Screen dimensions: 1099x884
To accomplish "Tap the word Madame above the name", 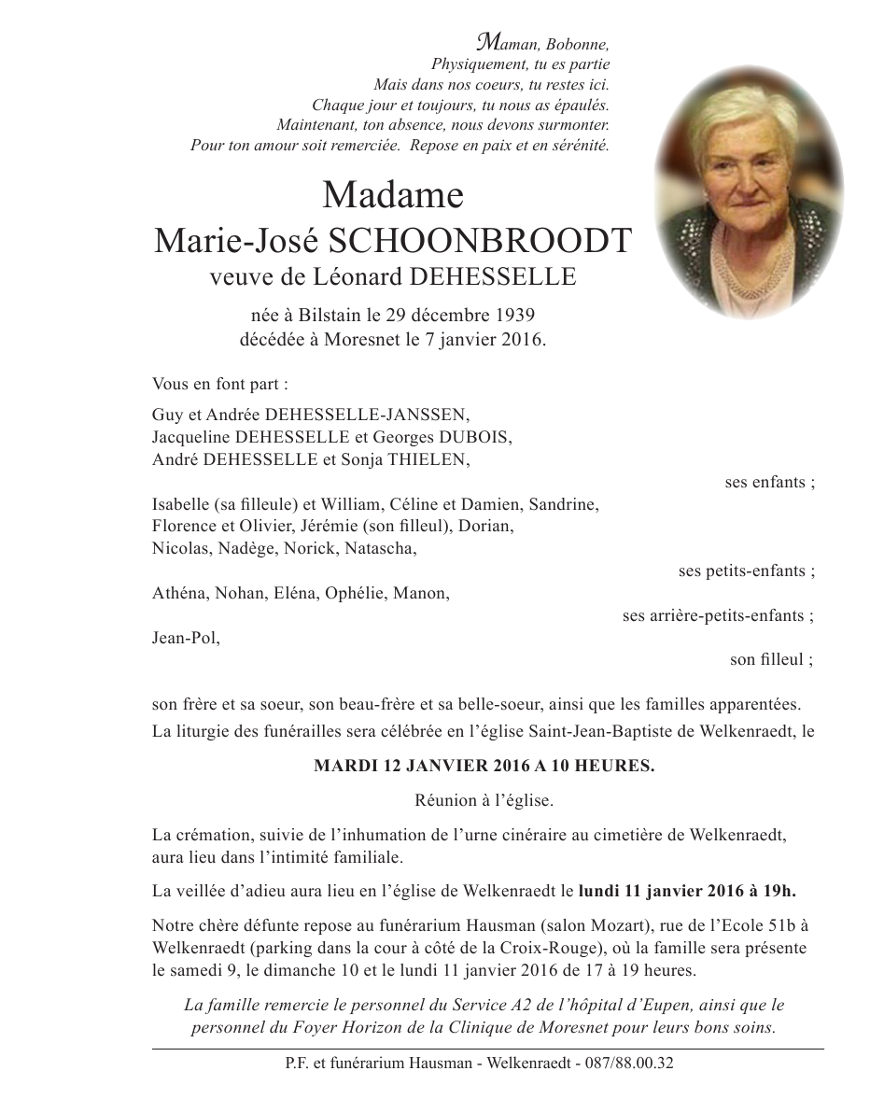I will pos(392,195).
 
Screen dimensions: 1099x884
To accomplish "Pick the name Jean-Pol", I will pos(186,639).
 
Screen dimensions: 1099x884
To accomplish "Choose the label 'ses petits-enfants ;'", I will pos(746,571).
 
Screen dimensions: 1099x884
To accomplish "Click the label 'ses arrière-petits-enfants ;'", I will pos(718,616).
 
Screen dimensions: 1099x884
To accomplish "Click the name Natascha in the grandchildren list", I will pos(380,548).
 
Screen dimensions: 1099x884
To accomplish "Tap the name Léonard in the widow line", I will pos(353,276).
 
